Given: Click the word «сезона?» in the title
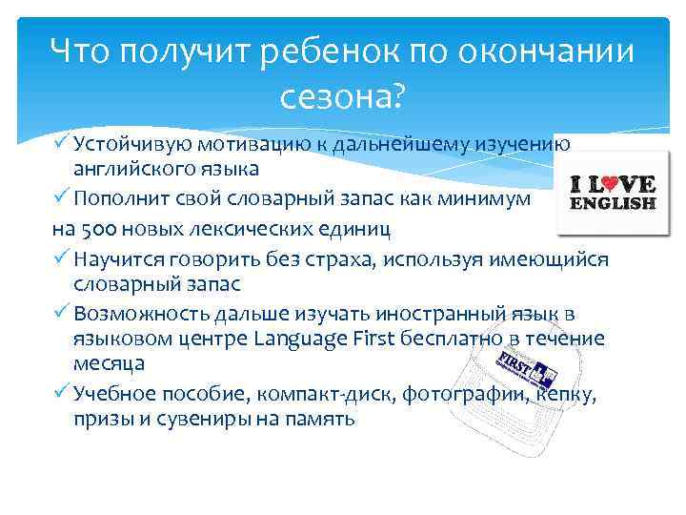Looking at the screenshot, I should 342,95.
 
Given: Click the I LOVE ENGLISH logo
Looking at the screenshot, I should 613,191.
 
